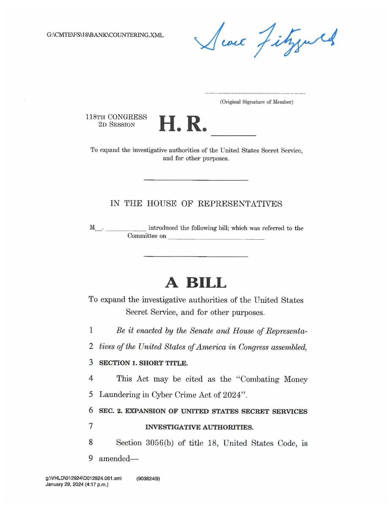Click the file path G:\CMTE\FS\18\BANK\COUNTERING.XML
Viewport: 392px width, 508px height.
pos(105,35)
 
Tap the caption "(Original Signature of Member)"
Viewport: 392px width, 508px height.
pos(256,102)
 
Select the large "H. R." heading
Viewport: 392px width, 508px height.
pos(183,123)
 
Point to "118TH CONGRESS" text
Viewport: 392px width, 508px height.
pos(116,117)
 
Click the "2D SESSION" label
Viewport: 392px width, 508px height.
pos(116,125)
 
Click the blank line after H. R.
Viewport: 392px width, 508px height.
pos(233,134)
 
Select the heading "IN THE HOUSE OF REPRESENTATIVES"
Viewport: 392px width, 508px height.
pos(196,204)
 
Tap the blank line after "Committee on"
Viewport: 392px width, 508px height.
pos(216,239)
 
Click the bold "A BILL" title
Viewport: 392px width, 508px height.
pos(195,282)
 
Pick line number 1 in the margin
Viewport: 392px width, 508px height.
pos(91,331)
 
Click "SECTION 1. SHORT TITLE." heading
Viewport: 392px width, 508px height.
pos(143,363)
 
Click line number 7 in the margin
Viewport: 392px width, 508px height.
pos(91,427)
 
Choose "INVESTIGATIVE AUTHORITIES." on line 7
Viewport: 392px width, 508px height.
pos(199,427)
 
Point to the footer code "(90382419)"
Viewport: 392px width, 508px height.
pos(148,479)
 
